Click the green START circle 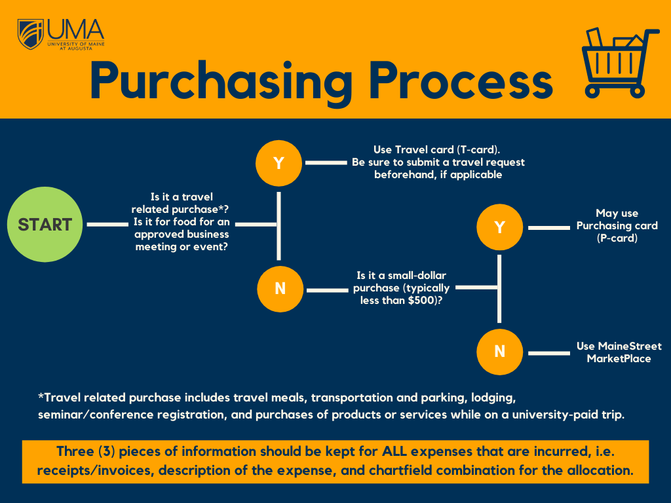[45, 224]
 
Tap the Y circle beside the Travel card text [279, 162]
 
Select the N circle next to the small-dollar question [280, 288]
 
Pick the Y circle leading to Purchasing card [500, 227]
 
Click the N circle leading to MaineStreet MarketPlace [500, 352]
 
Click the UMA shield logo [31, 34]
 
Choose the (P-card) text [617, 238]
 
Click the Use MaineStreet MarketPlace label [619, 352]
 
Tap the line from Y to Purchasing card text [549, 227]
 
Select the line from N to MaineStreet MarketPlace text [549, 353]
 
